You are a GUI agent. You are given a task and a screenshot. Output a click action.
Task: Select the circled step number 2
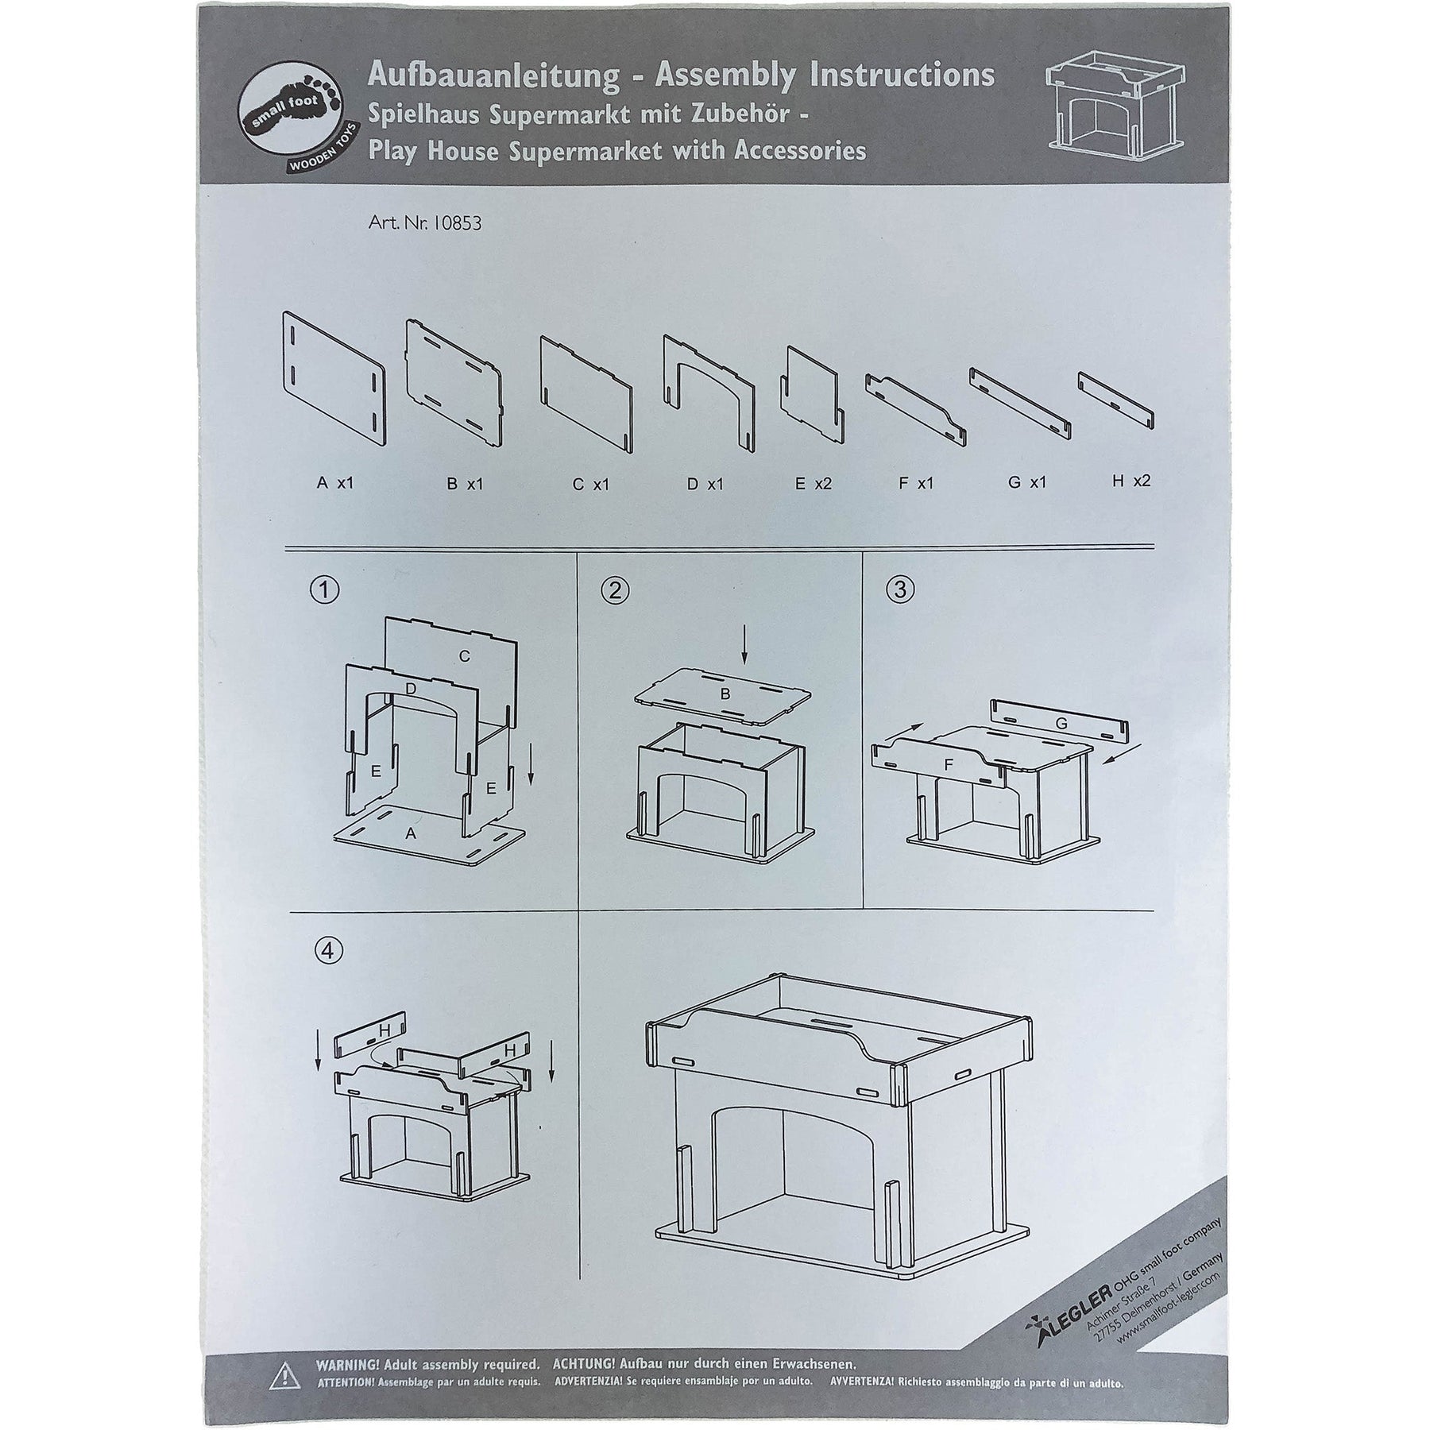click(x=615, y=589)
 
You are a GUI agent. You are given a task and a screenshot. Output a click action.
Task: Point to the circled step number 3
click(x=899, y=589)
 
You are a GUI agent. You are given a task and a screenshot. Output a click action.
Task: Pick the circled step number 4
click(x=328, y=951)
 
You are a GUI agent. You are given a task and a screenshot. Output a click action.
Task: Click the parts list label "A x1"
click(x=334, y=482)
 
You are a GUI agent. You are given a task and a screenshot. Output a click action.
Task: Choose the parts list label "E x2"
click(x=813, y=483)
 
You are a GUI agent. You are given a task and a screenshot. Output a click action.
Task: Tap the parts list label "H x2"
click(x=1131, y=481)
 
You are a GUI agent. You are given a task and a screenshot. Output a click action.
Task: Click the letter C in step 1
click(x=465, y=656)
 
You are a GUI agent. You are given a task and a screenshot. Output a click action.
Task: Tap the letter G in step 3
click(x=1061, y=724)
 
